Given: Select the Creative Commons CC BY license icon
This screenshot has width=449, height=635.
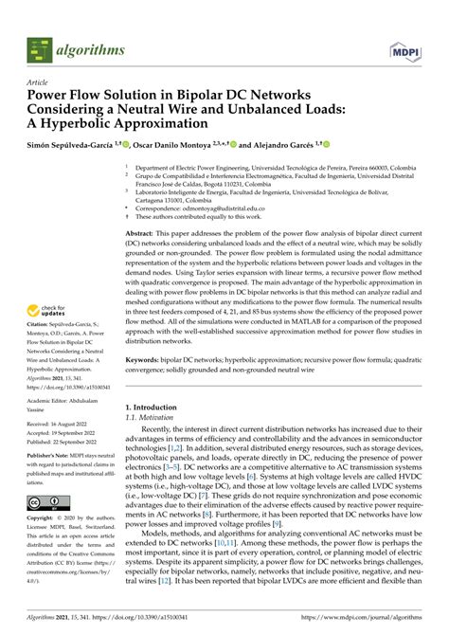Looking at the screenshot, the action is pos(45,503).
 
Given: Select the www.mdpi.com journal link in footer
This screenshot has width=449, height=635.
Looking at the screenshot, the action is pos(361,618).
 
